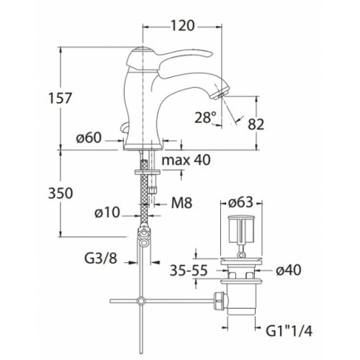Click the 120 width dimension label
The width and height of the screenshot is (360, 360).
pyautogui.click(x=182, y=26)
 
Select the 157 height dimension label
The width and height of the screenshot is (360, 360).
pyautogui.click(x=60, y=98)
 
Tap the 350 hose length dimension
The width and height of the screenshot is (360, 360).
pyautogui.click(x=60, y=193)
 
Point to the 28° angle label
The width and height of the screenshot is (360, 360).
pyautogui.click(x=205, y=117)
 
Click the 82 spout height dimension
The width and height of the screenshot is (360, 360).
pyautogui.click(x=256, y=124)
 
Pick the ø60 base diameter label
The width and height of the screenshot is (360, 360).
pyautogui.click(x=89, y=138)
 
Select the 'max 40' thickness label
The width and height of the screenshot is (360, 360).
pyautogui.click(x=186, y=160)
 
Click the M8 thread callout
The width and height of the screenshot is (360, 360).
pyautogui.click(x=181, y=203)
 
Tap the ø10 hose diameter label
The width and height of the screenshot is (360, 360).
pyautogui.click(x=107, y=212)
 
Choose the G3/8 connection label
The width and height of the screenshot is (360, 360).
pyautogui.click(x=101, y=258)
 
